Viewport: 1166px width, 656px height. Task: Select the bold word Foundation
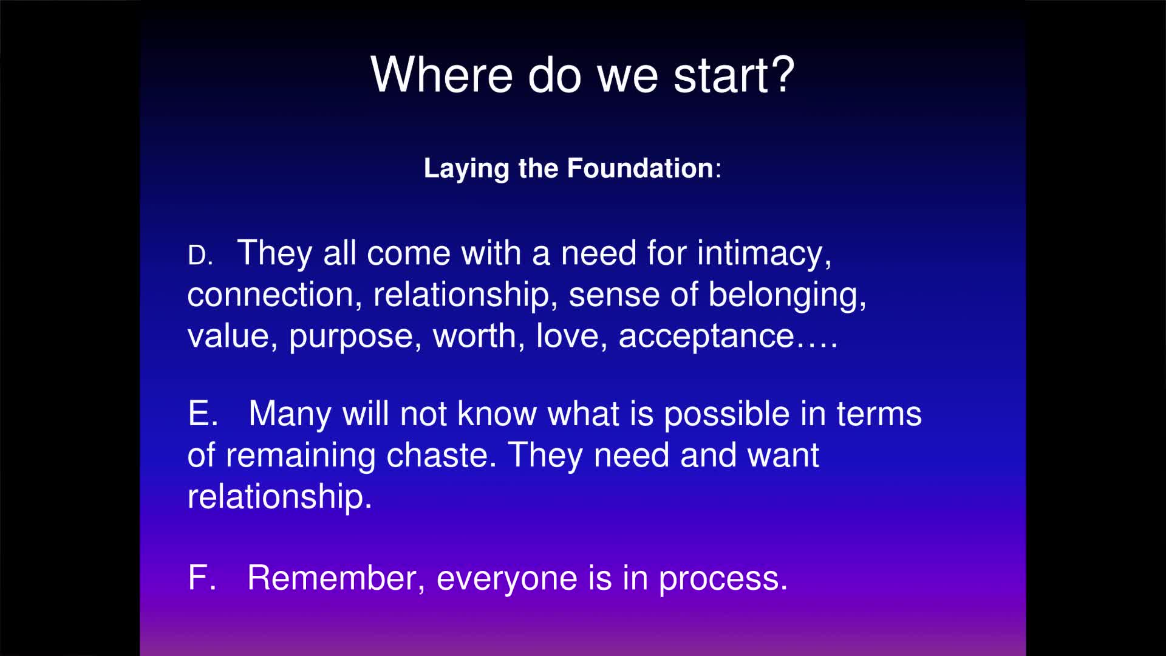click(x=640, y=168)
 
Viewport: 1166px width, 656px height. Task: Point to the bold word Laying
click(x=466, y=168)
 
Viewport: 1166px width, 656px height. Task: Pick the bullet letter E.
click(x=203, y=414)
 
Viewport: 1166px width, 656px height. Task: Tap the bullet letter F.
click(x=202, y=578)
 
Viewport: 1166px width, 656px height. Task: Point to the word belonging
click(x=787, y=296)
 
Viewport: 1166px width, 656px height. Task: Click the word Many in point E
click(x=290, y=414)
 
